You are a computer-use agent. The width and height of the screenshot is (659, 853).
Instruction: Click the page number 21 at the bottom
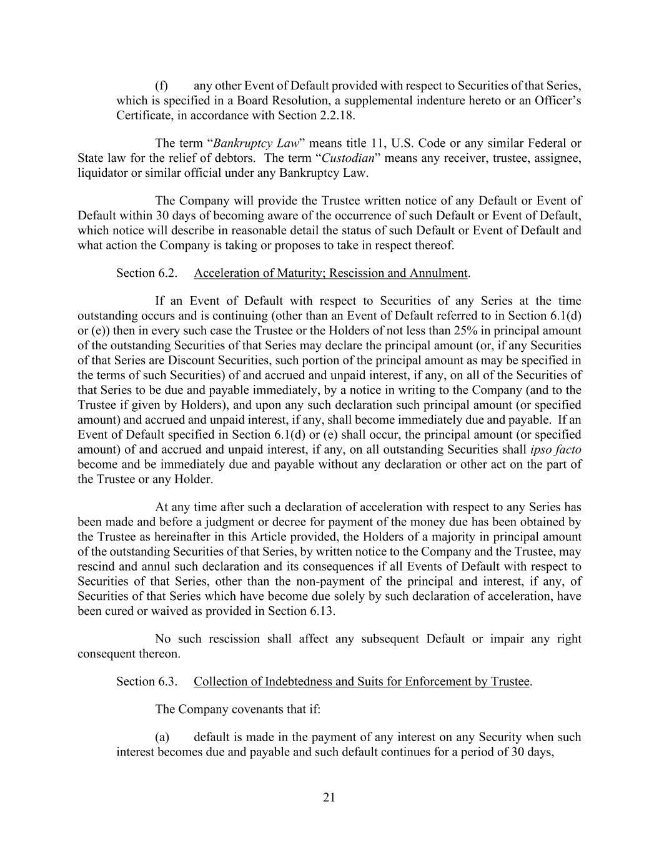tap(329, 797)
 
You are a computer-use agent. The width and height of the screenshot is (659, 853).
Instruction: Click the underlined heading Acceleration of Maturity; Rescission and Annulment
tap(330, 273)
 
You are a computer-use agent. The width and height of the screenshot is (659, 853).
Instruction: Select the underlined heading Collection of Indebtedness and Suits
tap(362, 681)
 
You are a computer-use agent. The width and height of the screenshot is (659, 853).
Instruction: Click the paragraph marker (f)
tap(161, 86)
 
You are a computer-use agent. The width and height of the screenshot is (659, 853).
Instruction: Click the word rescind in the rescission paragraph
tap(97, 567)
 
